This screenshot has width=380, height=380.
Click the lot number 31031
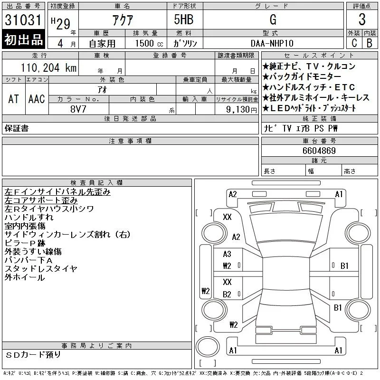coord(23,20)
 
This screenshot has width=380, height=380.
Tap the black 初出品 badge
coord(23,39)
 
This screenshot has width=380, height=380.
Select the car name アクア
coord(123,20)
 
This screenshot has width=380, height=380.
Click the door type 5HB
coord(184,19)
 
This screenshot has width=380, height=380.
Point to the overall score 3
coord(362,19)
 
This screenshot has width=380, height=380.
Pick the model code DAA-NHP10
coord(272,43)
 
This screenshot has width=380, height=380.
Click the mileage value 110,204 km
coord(48,67)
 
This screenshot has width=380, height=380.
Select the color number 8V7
coord(78,109)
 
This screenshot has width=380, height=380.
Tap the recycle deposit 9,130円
coord(241,110)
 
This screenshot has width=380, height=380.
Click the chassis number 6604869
coord(319,151)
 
